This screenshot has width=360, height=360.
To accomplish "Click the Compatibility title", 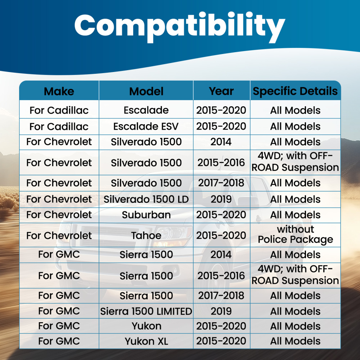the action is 180,27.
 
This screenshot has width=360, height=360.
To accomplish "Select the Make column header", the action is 59,91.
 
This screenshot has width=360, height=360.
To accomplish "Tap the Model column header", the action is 146,91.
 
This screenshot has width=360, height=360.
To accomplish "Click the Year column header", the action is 221,91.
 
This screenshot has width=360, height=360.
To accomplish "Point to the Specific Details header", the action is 295,91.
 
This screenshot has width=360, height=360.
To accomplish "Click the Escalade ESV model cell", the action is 146,126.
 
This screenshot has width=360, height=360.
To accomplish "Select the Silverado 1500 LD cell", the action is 146,199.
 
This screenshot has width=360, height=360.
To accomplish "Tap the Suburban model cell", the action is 146,215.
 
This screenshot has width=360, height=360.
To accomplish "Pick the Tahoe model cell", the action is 146,235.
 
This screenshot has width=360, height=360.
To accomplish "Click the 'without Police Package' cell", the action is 295,234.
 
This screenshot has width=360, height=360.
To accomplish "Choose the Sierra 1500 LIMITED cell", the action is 146,311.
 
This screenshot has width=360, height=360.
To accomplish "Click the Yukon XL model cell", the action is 146,341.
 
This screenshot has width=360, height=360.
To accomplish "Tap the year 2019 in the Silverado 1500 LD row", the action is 221,199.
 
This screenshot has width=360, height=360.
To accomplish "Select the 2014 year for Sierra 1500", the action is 221,255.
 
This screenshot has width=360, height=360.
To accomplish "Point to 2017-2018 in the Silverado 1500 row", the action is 221,183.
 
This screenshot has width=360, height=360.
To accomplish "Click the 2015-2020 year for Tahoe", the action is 221,235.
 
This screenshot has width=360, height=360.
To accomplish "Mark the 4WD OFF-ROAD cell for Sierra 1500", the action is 295,275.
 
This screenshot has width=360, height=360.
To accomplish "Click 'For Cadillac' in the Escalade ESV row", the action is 59,126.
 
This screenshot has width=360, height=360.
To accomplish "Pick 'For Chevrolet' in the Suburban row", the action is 59,215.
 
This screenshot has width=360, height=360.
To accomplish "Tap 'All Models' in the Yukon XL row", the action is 295,341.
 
